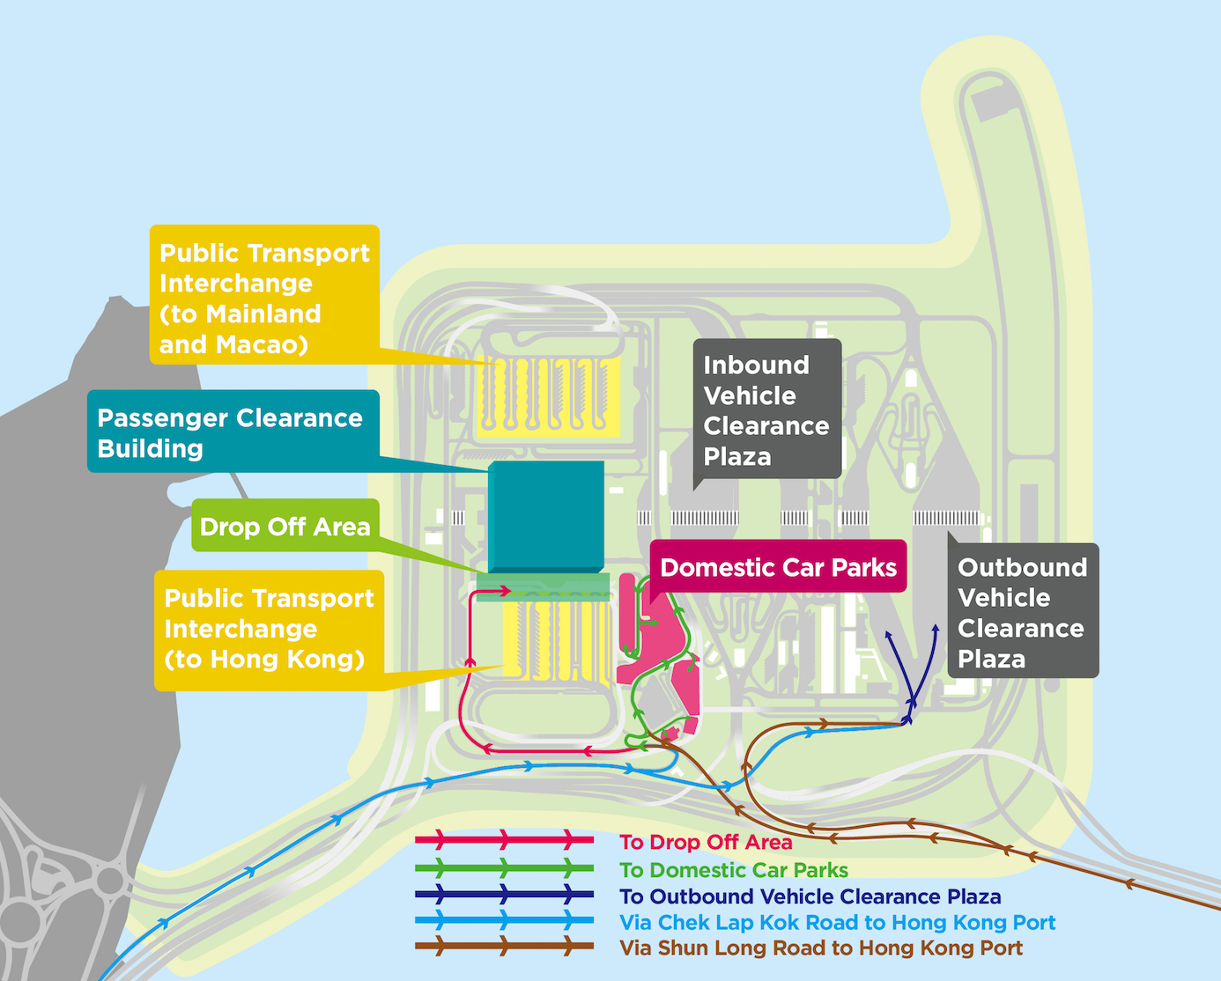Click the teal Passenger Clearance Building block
pyautogui.click(x=545, y=517)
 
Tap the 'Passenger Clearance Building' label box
pyautogui.click(x=233, y=431)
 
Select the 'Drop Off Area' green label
pyautogui.click(x=285, y=526)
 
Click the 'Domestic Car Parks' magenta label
pyautogui.click(x=778, y=567)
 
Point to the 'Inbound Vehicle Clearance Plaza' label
pyautogui.click(x=766, y=409)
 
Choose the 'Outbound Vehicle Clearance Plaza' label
pyautogui.click(x=1022, y=611)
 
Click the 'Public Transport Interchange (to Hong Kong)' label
pyautogui.click(x=269, y=629)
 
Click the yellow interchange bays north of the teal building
pyautogui.click(x=548, y=397)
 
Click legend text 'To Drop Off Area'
pyautogui.click(x=706, y=842)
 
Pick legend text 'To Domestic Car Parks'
pyautogui.click(x=733, y=870)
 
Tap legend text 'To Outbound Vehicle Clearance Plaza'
pyautogui.click(x=810, y=896)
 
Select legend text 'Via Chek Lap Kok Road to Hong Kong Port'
pyautogui.click(x=837, y=922)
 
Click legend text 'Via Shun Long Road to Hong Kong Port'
pyautogui.click(x=821, y=948)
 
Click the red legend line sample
pyautogui.click(x=505, y=839)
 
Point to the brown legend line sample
pyautogui.click(x=505, y=948)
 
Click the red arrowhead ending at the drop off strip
pyautogui.click(x=505, y=590)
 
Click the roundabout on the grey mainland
pyautogui.click(x=111, y=879)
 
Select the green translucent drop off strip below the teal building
pyautogui.click(x=543, y=585)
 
